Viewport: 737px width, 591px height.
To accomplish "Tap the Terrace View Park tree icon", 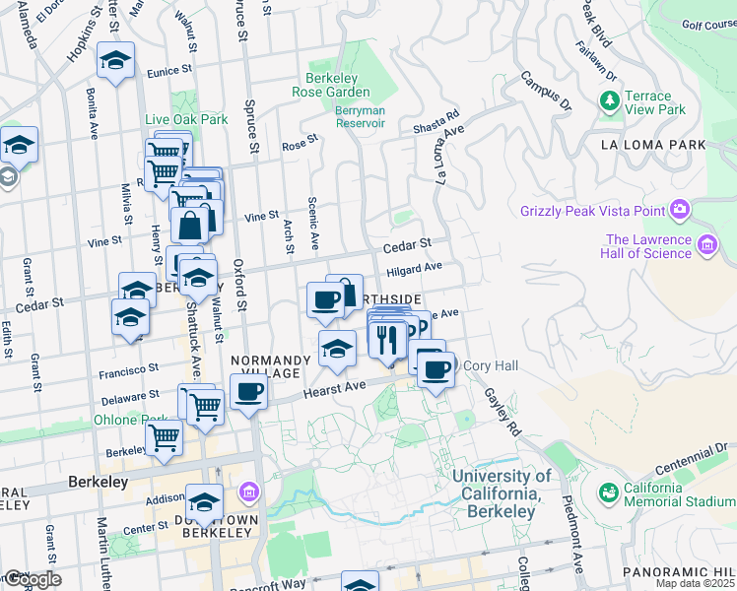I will (609, 101).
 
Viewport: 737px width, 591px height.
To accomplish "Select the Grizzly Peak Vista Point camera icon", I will (679, 209).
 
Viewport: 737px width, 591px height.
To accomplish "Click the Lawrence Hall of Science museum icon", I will (706, 244).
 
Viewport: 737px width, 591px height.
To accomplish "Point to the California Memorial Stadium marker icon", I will (608, 491).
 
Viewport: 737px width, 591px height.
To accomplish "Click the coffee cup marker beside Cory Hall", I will (435, 369).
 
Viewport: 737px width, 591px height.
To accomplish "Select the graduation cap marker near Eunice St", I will (115, 61).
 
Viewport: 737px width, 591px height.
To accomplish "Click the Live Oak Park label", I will (186, 119).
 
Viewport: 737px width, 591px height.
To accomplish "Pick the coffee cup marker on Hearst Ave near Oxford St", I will (248, 393).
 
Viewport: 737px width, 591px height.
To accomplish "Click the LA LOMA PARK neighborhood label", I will (653, 145).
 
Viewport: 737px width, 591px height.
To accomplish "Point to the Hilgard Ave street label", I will (414, 267).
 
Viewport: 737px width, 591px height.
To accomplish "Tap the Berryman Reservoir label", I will (359, 117).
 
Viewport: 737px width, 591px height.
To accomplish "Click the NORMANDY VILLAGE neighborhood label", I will (272, 367).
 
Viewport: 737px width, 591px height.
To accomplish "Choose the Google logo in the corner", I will (32, 579).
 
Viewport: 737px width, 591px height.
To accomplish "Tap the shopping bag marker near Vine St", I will (190, 224).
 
